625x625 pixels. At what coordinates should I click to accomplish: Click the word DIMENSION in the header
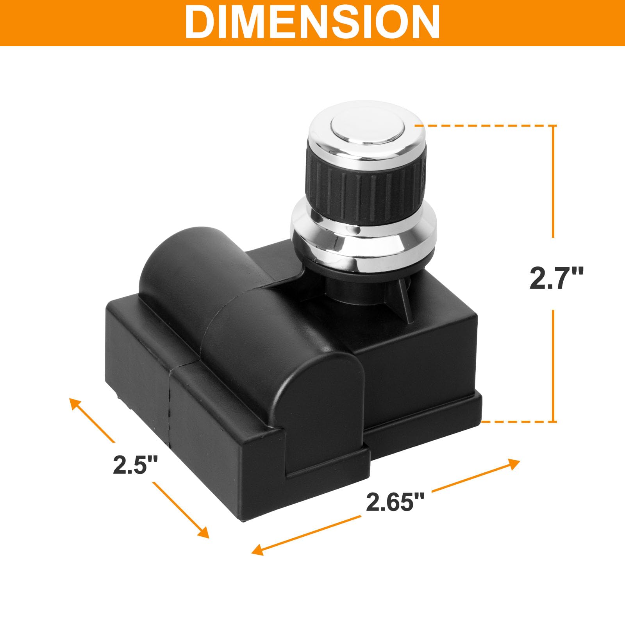pyautogui.click(x=312, y=22)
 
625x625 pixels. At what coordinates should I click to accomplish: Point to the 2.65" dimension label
pyautogui.click(x=395, y=502)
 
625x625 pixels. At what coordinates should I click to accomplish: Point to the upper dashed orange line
pyautogui.click(x=484, y=126)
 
